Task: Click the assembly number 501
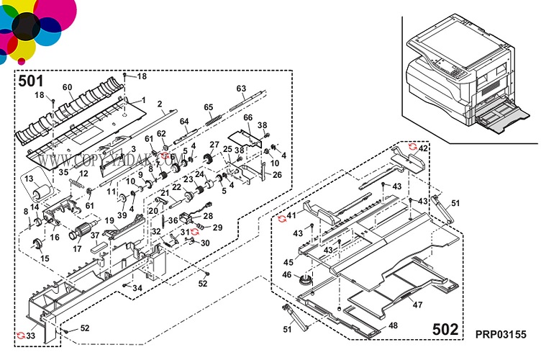32,81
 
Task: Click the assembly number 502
445,329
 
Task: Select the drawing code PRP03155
501,335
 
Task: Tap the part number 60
67,87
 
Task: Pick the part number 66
247,118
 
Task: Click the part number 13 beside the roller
29,178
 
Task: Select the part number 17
76,250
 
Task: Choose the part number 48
393,325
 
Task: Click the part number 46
286,274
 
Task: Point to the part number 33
30,336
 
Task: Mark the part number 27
214,145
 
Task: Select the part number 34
137,289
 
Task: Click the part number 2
160,104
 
